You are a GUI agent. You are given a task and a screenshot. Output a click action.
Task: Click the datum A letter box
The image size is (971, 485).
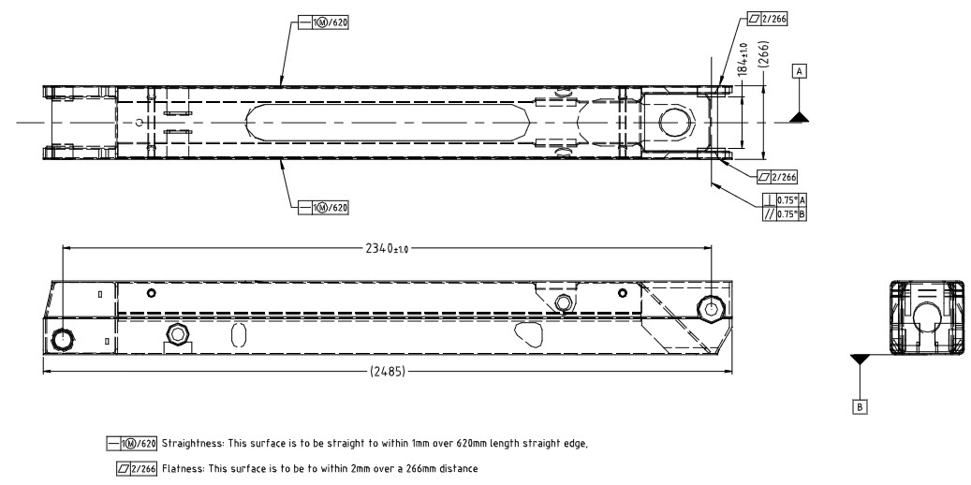coord(800,70)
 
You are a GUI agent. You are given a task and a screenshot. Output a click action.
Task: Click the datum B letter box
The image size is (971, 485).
coord(858,406)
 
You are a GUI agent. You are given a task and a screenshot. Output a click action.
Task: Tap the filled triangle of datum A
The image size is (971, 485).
coord(799,116)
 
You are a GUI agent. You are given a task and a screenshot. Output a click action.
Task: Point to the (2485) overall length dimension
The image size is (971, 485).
coord(385,372)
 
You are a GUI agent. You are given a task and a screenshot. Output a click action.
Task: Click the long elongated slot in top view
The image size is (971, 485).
coord(384,123)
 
